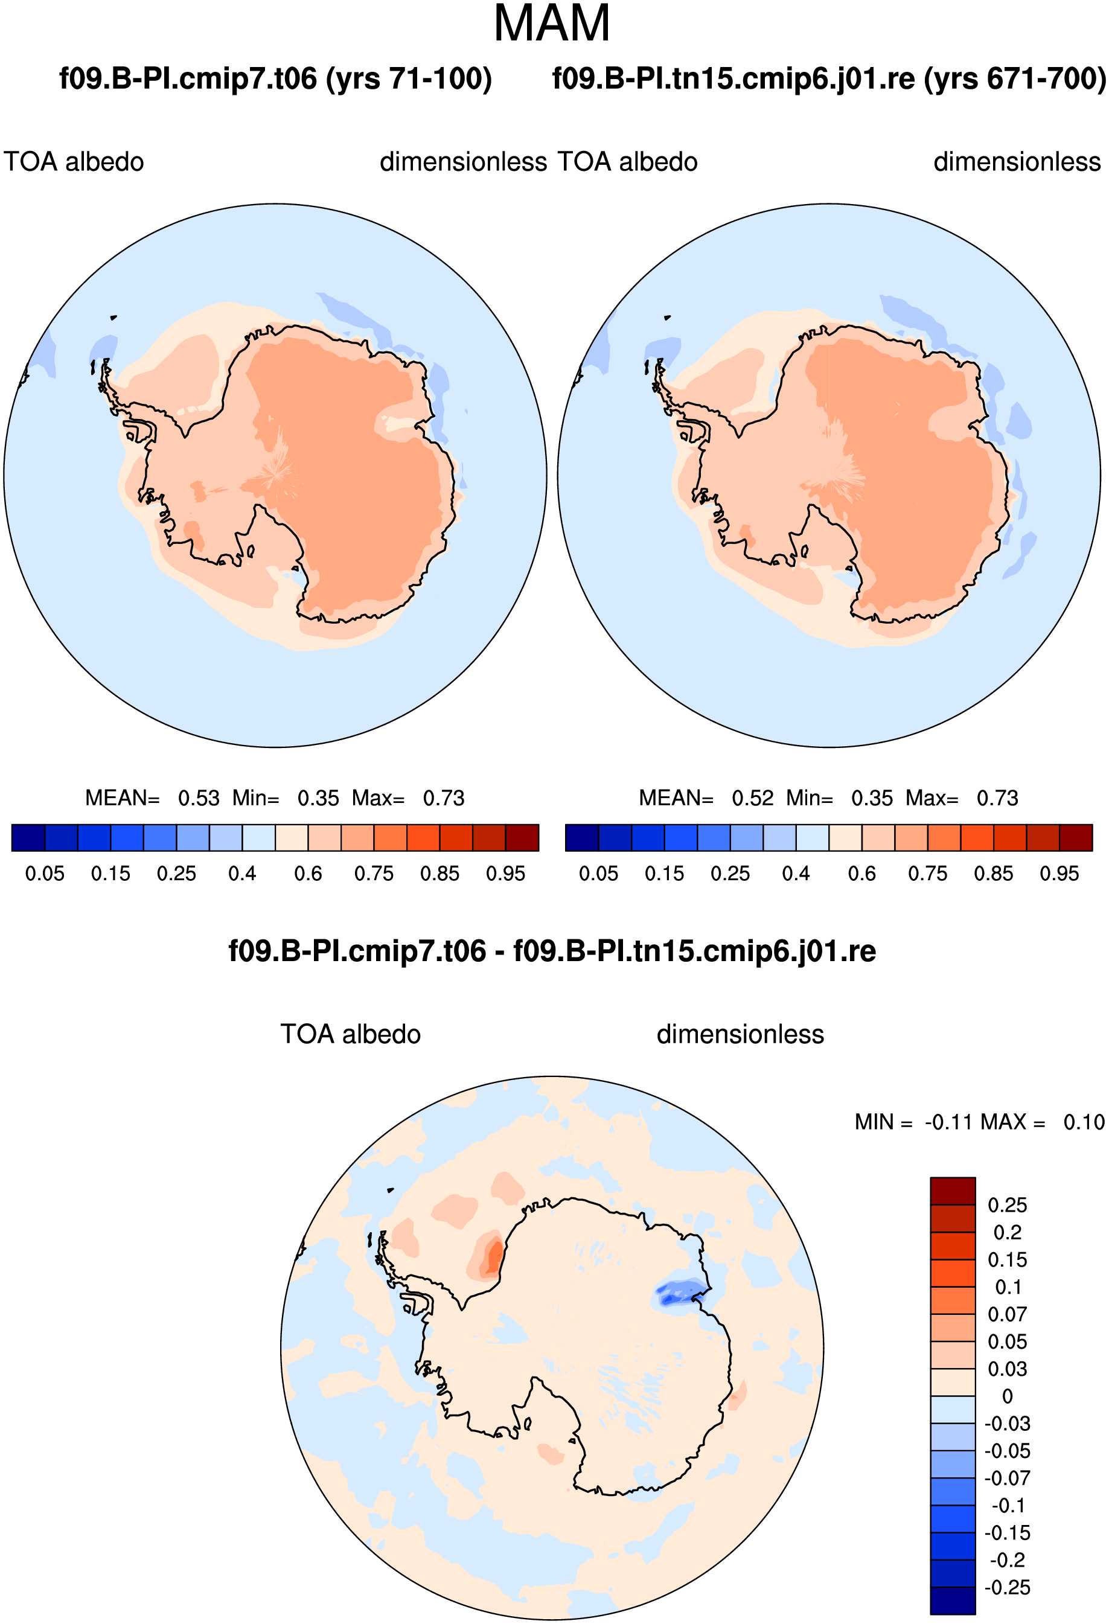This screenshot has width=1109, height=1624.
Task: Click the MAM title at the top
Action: click(x=552, y=24)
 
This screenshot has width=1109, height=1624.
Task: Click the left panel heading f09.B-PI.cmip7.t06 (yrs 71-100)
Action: click(x=275, y=78)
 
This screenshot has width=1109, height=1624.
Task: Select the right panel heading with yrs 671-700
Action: click(x=829, y=78)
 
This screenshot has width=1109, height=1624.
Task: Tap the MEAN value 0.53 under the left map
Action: click(x=199, y=798)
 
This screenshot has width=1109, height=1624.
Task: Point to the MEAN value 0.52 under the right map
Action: click(x=753, y=798)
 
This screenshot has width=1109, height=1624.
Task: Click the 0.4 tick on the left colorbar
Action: click(x=242, y=874)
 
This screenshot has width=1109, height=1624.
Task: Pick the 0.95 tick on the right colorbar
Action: click(x=1059, y=874)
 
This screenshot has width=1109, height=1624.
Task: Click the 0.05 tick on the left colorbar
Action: click(x=45, y=874)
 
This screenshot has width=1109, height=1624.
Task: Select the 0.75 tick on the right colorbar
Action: click(x=927, y=874)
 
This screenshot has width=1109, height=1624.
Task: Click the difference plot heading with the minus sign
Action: click(x=552, y=951)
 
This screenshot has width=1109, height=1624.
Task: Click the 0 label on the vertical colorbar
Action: click(x=1007, y=1396)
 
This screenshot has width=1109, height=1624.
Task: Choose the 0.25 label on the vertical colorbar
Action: click(x=1007, y=1206)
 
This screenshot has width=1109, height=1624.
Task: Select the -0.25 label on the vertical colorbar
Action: click(x=1007, y=1588)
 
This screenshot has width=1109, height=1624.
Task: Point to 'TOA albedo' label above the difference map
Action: click(x=350, y=1034)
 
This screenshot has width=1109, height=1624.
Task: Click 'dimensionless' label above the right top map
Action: click(x=1017, y=162)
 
